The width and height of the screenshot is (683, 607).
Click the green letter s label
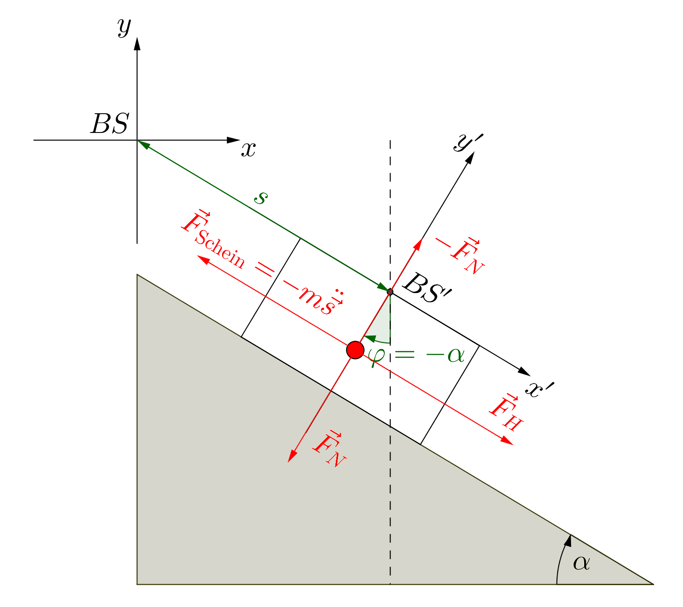(261, 198)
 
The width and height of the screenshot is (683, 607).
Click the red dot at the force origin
(355, 350)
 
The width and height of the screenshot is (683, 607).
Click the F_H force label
(505, 413)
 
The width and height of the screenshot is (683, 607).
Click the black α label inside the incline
(581, 563)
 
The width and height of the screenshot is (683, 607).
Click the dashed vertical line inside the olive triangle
(390, 503)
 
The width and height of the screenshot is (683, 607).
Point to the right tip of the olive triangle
(653, 584)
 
